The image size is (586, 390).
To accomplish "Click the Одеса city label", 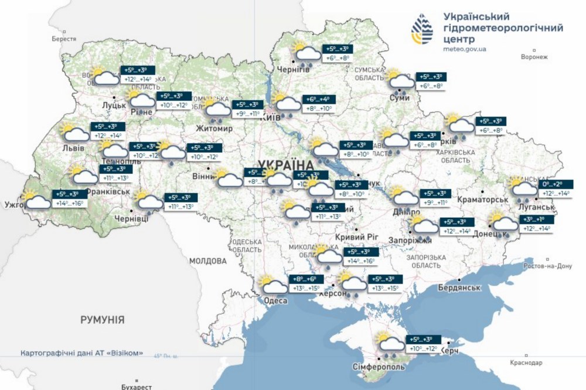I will click(x=275, y=300).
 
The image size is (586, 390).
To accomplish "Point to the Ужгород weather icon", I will click(x=36, y=199).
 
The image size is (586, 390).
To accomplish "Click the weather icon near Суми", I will click(x=400, y=83).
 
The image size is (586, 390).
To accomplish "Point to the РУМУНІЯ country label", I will click(x=103, y=320).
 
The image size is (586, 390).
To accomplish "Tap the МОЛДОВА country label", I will click(x=207, y=260).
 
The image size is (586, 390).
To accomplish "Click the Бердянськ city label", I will click(x=459, y=288).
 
